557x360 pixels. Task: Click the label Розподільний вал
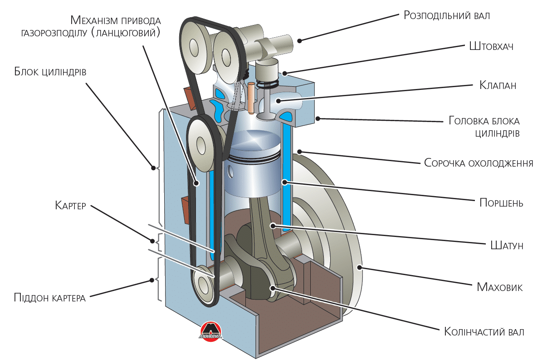pos(447,15)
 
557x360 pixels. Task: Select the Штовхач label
pos(491,46)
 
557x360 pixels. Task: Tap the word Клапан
pos(498,85)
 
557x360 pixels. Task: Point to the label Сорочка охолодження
pos(479,163)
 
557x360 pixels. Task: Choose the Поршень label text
pos(501,203)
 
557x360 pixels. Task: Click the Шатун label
pos(507,245)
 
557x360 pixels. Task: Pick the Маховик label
pos(500,287)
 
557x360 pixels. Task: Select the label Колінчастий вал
pos(484,332)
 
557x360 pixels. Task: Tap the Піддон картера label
pos(50,297)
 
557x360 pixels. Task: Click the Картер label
pos(70,206)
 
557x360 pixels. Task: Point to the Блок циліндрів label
pos(50,72)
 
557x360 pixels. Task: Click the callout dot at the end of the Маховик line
pos(359,267)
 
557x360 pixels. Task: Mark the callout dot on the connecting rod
pos(273,226)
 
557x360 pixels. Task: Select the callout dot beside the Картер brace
pos(152,241)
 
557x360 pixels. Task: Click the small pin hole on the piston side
pos(230,172)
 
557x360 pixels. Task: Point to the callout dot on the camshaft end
pos(299,40)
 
